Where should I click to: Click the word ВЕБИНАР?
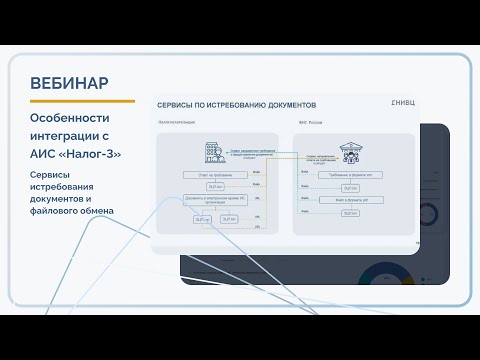70,82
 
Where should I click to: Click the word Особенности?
72,119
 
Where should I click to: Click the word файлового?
90,210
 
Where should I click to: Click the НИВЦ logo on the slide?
401,103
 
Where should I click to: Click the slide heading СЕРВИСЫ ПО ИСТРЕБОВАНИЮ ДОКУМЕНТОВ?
237,104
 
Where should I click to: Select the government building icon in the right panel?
351,152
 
